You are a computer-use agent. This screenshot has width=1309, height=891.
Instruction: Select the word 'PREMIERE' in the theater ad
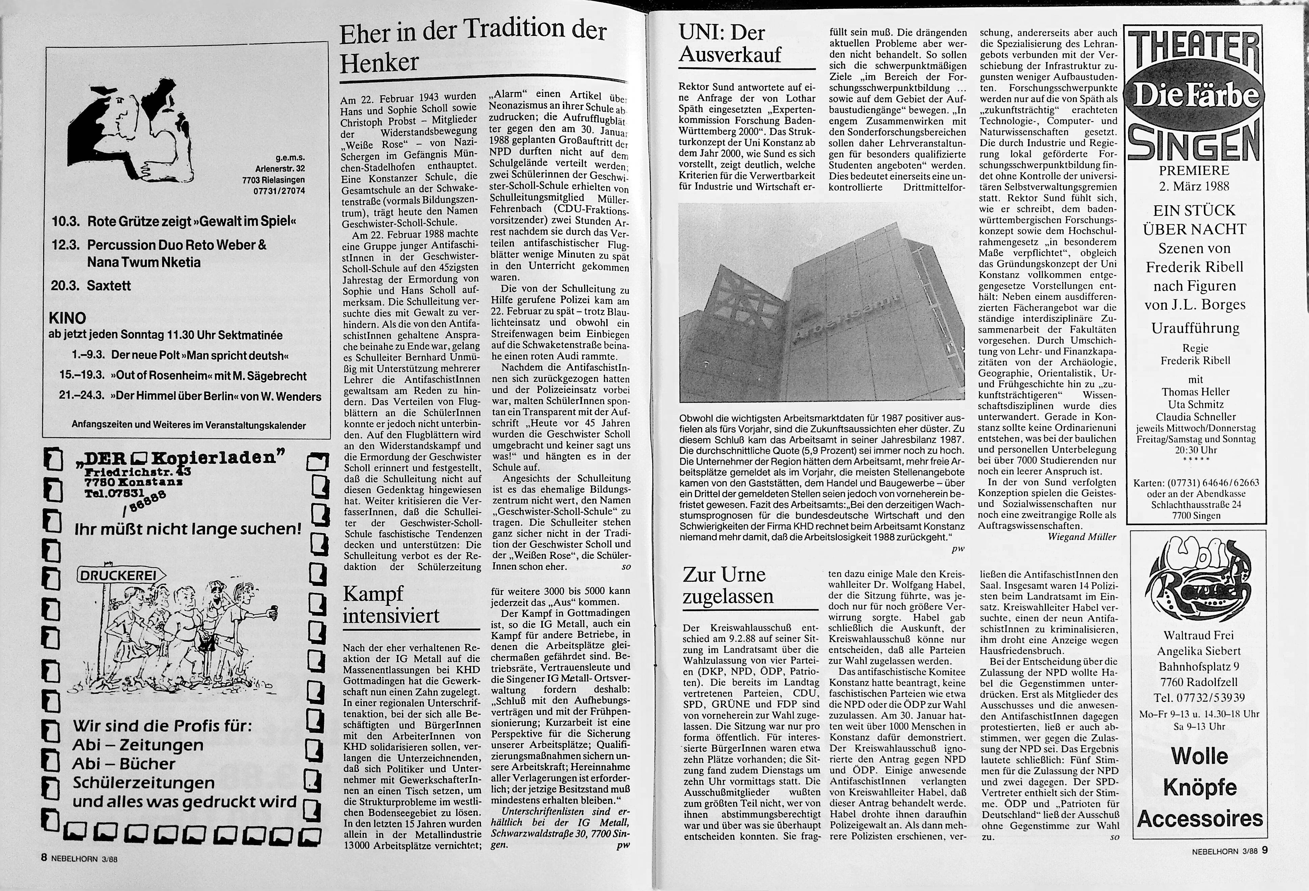(x=1193, y=170)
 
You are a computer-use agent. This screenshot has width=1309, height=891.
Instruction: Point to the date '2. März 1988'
(x=1193, y=186)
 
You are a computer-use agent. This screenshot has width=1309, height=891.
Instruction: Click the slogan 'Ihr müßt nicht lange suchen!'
(x=187, y=529)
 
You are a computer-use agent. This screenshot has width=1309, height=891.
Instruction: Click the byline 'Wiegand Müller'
(x=1081, y=537)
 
